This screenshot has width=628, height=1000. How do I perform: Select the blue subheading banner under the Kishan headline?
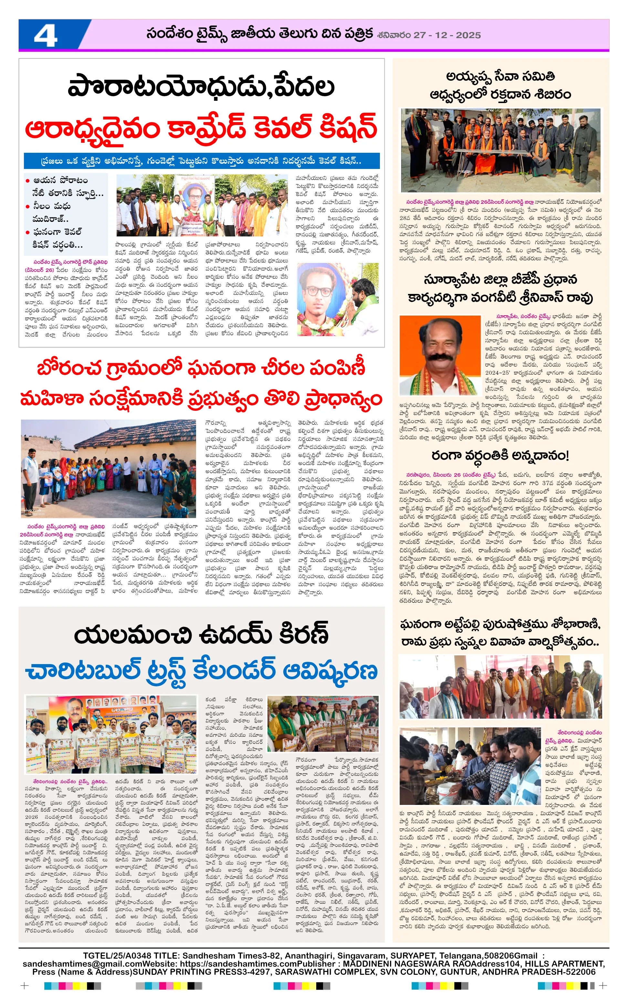point(202,161)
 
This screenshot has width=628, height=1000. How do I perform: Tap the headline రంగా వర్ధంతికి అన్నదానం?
point(500,455)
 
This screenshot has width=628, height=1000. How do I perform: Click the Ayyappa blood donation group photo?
point(500,150)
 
